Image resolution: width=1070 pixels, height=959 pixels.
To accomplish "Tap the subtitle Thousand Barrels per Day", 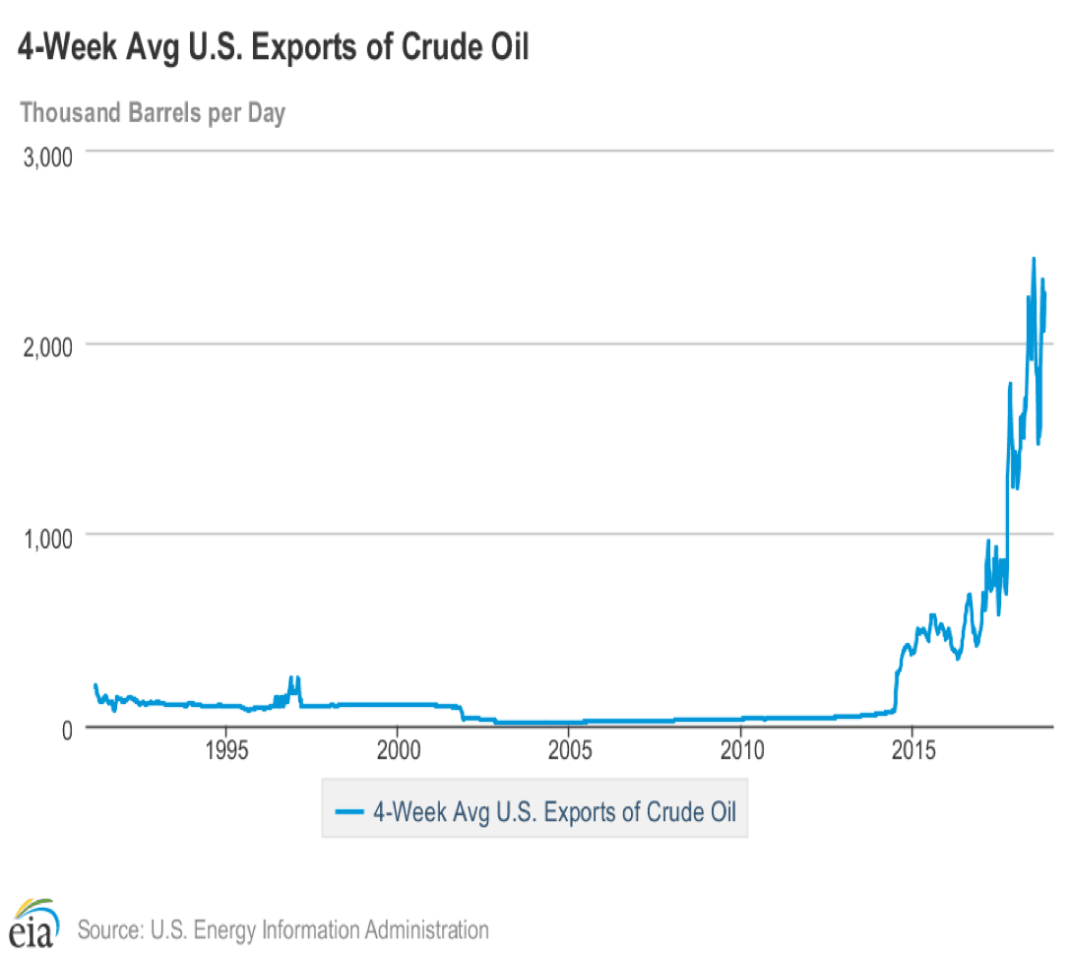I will coord(153,113).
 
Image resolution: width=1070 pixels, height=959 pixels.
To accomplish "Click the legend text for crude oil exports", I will coord(554,811).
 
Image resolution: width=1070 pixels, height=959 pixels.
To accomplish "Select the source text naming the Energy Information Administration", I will coord(283,928).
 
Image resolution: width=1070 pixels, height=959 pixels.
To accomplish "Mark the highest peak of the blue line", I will coord(1033,259).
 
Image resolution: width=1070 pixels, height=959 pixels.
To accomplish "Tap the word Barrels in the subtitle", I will coord(164,113).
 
